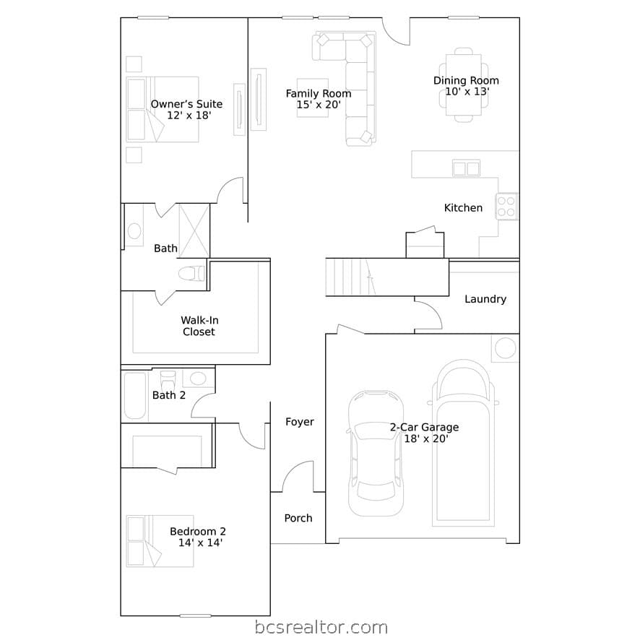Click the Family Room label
[319, 94]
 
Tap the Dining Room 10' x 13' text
[466, 86]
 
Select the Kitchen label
[463, 208]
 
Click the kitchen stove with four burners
[506, 206]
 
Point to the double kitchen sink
[466, 168]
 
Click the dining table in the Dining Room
[464, 85]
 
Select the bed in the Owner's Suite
[163, 109]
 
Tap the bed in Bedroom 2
[160, 541]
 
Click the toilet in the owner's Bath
[192, 274]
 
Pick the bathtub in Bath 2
[135, 396]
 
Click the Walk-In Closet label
[199, 326]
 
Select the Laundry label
[485, 299]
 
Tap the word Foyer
[300, 422]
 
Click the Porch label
[298, 518]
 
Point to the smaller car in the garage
[376, 453]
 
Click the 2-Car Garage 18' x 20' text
[425, 433]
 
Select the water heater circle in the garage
[506, 349]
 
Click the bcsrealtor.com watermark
[321, 628]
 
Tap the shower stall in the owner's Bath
[194, 230]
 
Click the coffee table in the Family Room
[313, 98]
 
